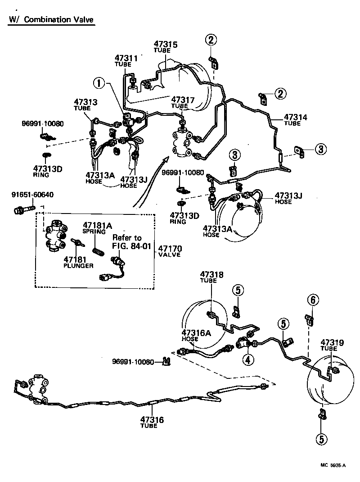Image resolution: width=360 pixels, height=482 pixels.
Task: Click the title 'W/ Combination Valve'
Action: point(51,20)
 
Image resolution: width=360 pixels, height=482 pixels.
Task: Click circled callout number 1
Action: point(100,83)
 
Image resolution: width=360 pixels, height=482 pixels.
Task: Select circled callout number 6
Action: point(313,299)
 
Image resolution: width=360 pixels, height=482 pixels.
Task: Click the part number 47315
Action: point(166,44)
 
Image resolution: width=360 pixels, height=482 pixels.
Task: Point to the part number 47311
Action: point(126,59)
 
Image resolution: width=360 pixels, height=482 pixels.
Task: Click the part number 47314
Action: point(295,118)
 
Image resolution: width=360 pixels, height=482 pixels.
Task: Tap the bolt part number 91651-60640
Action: point(32,195)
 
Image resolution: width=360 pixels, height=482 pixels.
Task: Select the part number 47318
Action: point(211,274)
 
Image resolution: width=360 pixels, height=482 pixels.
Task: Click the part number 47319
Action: point(332,343)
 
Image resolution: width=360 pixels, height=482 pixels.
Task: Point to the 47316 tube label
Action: point(152,420)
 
